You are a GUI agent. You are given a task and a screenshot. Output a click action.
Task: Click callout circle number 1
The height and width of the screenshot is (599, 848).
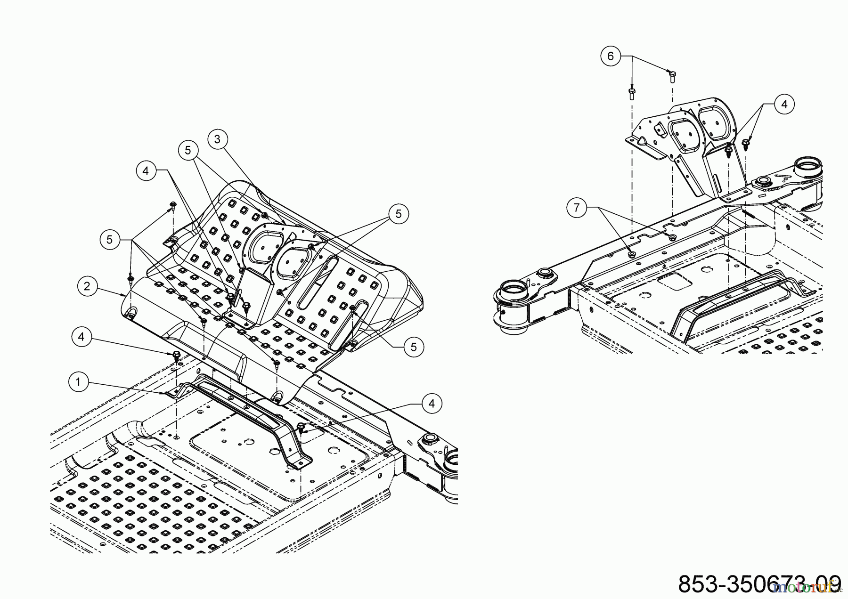pyautogui.click(x=78, y=382)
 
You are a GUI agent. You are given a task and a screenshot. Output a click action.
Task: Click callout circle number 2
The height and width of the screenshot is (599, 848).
pyautogui.click(x=87, y=286)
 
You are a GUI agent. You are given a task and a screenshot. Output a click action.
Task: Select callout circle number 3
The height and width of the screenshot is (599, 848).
pyautogui.click(x=217, y=139)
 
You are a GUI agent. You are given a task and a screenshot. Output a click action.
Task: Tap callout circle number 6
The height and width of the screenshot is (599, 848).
pyautogui.click(x=611, y=56)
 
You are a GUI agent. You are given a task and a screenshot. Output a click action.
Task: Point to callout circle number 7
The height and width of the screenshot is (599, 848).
pyautogui.click(x=577, y=207)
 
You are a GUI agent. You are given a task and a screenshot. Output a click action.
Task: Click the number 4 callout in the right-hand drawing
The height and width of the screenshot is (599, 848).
pyautogui.click(x=784, y=104)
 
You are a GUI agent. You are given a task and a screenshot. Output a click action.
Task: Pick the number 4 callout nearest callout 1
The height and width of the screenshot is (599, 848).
pyautogui.click(x=82, y=337)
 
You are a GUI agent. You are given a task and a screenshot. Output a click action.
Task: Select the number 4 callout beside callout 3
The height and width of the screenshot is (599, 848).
pyautogui.click(x=146, y=170)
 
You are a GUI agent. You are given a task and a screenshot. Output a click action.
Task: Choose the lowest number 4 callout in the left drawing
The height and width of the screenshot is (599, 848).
pyautogui.click(x=432, y=403)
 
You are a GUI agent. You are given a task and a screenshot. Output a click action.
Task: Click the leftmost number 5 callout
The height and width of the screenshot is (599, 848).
pyautogui.click(x=109, y=239)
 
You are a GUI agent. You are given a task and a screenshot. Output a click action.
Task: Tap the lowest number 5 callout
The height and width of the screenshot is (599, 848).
pyautogui.click(x=414, y=347)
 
